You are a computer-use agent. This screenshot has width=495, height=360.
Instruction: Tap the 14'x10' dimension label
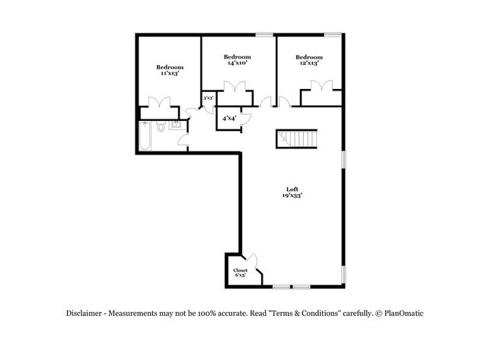click(x=238, y=64)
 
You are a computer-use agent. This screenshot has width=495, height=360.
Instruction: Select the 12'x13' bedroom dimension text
click(x=308, y=64)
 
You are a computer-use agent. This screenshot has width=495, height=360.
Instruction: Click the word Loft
click(x=292, y=190)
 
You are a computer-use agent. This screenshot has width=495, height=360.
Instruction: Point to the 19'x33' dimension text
click(x=292, y=196)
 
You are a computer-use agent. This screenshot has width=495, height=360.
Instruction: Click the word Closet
click(x=240, y=270)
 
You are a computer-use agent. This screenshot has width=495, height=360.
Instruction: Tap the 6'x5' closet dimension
click(x=240, y=276)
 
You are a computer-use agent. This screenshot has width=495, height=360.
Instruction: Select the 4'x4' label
click(x=228, y=119)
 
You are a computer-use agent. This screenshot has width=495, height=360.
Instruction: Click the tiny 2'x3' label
click(x=207, y=98)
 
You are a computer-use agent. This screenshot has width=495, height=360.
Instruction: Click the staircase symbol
click(x=295, y=139)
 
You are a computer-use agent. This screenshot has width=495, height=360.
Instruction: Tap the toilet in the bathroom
click(x=160, y=128)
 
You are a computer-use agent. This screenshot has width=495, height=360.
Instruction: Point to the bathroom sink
click(x=176, y=126)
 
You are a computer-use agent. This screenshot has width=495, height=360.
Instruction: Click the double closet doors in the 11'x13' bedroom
click(x=161, y=103)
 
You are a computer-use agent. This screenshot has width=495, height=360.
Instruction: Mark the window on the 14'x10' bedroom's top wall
click(x=265, y=34)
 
